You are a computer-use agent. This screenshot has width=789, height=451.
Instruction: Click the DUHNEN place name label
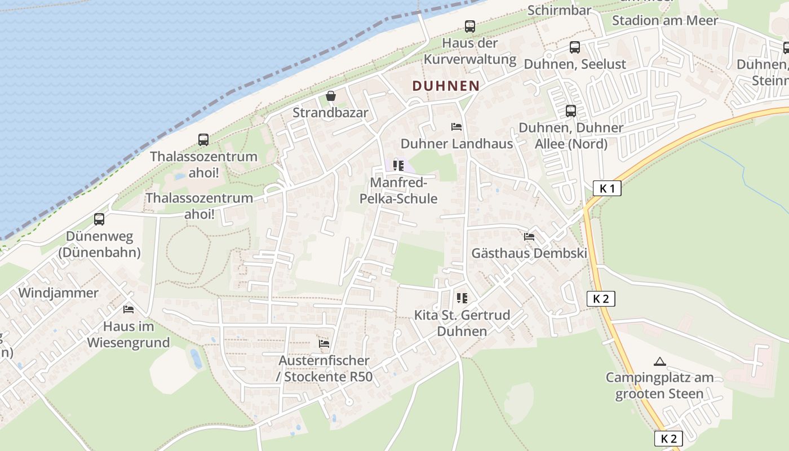(446, 86)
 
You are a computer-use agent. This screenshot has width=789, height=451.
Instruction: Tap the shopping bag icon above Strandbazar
(330, 96)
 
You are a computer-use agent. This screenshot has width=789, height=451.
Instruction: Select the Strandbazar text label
(330, 112)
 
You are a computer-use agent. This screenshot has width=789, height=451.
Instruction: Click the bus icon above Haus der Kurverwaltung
(469, 26)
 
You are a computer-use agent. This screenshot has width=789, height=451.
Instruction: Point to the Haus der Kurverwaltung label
(470, 51)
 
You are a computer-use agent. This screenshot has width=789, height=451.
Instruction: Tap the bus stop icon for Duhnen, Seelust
(574, 47)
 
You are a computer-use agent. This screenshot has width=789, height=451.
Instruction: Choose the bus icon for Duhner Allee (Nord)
(570, 110)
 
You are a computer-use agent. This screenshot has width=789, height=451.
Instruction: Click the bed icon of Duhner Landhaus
(456, 127)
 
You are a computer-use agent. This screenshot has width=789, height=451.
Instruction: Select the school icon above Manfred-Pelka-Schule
(398, 165)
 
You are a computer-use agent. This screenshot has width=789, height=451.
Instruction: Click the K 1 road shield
(607, 188)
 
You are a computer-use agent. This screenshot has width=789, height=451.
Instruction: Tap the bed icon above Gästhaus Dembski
(529, 236)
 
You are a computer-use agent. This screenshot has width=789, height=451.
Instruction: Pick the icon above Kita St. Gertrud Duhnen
(462, 298)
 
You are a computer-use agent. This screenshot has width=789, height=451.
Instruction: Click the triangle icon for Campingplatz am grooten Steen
(659, 361)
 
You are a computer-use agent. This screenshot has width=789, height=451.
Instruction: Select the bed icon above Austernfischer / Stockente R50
(323, 343)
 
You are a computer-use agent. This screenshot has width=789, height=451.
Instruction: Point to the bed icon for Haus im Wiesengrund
(128, 309)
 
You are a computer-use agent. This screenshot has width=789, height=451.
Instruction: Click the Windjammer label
(58, 293)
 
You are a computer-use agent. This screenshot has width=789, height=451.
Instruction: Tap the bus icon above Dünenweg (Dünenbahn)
(99, 219)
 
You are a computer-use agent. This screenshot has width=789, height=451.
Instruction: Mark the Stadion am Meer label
(665, 20)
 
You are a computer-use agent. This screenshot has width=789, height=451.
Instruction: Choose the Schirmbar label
(559, 10)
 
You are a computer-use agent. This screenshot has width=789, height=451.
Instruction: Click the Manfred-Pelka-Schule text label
(404, 191)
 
